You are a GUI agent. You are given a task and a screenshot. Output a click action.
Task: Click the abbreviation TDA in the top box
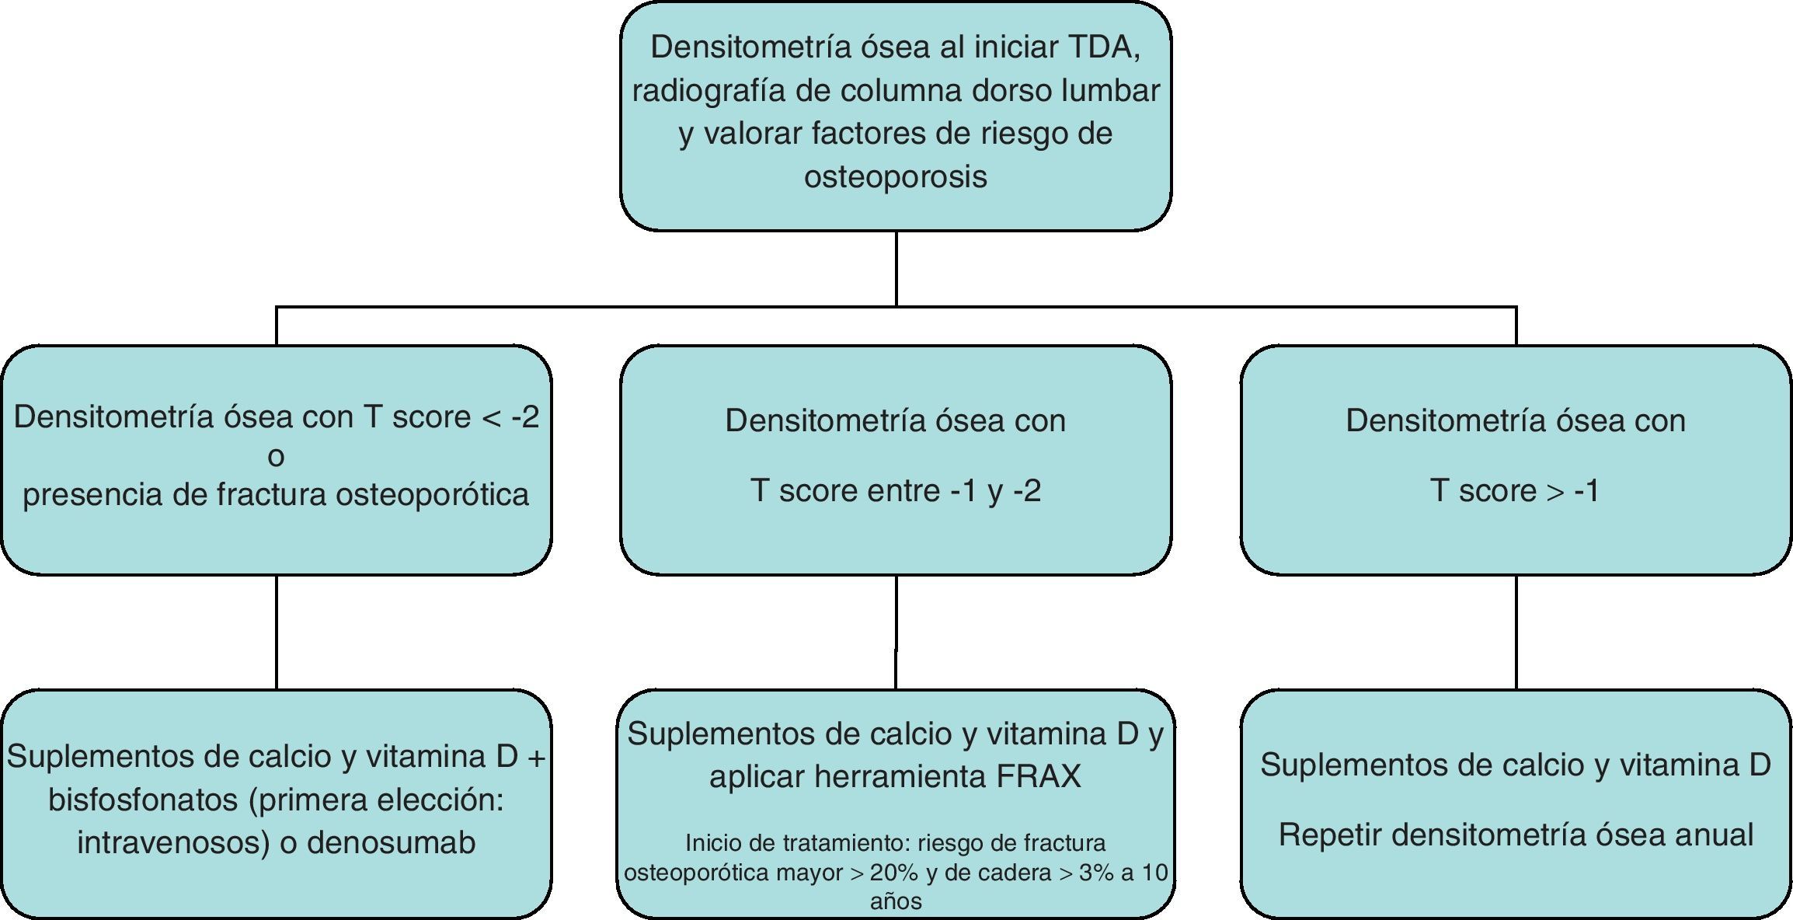(1104, 47)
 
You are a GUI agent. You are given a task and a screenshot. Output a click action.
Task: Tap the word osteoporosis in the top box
(895, 176)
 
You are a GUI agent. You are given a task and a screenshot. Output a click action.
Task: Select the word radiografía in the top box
(708, 90)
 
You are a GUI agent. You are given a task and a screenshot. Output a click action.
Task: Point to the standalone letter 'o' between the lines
(276, 457)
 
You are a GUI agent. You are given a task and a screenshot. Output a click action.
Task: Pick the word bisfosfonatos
(143, 800)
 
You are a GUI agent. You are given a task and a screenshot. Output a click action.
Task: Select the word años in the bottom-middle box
(896, 901)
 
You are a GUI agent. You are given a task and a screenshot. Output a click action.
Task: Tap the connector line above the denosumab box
(277, 632)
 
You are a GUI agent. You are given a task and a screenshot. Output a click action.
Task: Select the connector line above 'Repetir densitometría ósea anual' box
(1516, 632)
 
